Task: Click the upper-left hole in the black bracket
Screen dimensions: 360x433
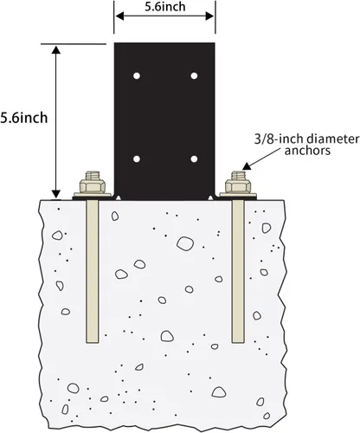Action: [137, 76]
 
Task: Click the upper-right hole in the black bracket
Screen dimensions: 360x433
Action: [194, 76]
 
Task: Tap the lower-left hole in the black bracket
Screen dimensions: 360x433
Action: [137, 159]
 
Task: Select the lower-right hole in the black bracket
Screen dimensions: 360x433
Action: [194, 159]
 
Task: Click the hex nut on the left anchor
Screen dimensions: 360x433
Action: [93, 186]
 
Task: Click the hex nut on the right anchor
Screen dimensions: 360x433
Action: [238, 186]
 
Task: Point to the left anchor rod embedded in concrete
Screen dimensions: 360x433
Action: [93, 272]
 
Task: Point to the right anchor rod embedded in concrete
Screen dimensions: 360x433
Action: [238, 272]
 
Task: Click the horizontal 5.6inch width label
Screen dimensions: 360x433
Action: [165, 7]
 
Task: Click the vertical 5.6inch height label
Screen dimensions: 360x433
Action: [24, 118]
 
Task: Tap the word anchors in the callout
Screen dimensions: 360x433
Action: [307, 151]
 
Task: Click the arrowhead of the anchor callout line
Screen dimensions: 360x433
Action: [246, 166]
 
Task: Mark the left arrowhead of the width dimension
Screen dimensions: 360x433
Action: [119, 16]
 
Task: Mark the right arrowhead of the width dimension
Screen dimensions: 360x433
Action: [209, 16]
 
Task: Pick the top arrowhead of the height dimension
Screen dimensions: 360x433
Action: [56, 49]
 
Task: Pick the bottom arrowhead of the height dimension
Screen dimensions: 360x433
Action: [56, 194]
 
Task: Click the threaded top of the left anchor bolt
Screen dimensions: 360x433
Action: [93, 176]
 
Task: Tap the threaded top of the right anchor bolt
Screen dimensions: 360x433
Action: [238, 176]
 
